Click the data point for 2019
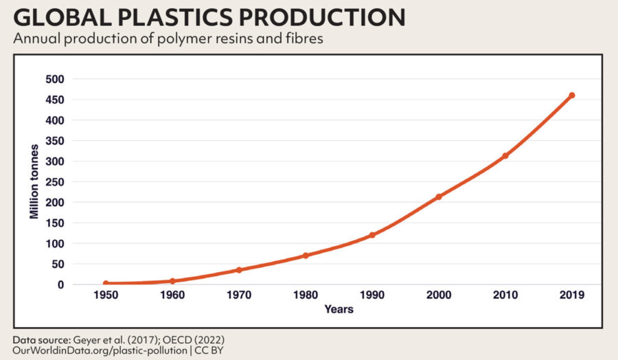tap(571, 95)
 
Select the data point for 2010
tap(505, 156)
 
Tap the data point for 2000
tap(439, 196)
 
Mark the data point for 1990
tap(372, 235)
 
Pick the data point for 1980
tap(306, 256)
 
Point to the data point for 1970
tap(239, 270)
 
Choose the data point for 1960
tap(172, 281)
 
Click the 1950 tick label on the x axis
tap(106, 295)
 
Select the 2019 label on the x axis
tap(571, 295)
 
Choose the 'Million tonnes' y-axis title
tap(34, 182)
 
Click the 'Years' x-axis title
tap(339, 310)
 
